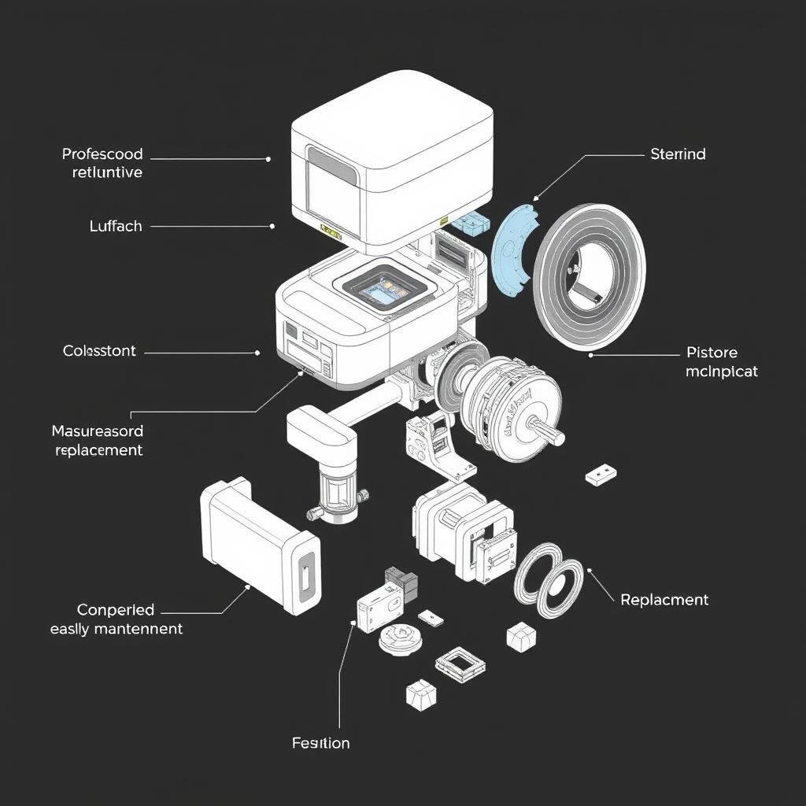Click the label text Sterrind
tap(678, 154)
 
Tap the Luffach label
tap(116, 226)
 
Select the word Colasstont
tap(99, 351)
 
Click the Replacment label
tap(664, 600)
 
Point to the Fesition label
tap(320, 743)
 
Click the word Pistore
tap(712, 352)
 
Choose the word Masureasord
tap(98, 431)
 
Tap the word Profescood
tap(102, 154)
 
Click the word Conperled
tap(116, 610)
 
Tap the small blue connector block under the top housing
tap(469, 222)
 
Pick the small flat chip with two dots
tap(601, 474)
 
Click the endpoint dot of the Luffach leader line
tap(272, 226)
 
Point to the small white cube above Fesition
tap(420, 693)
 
